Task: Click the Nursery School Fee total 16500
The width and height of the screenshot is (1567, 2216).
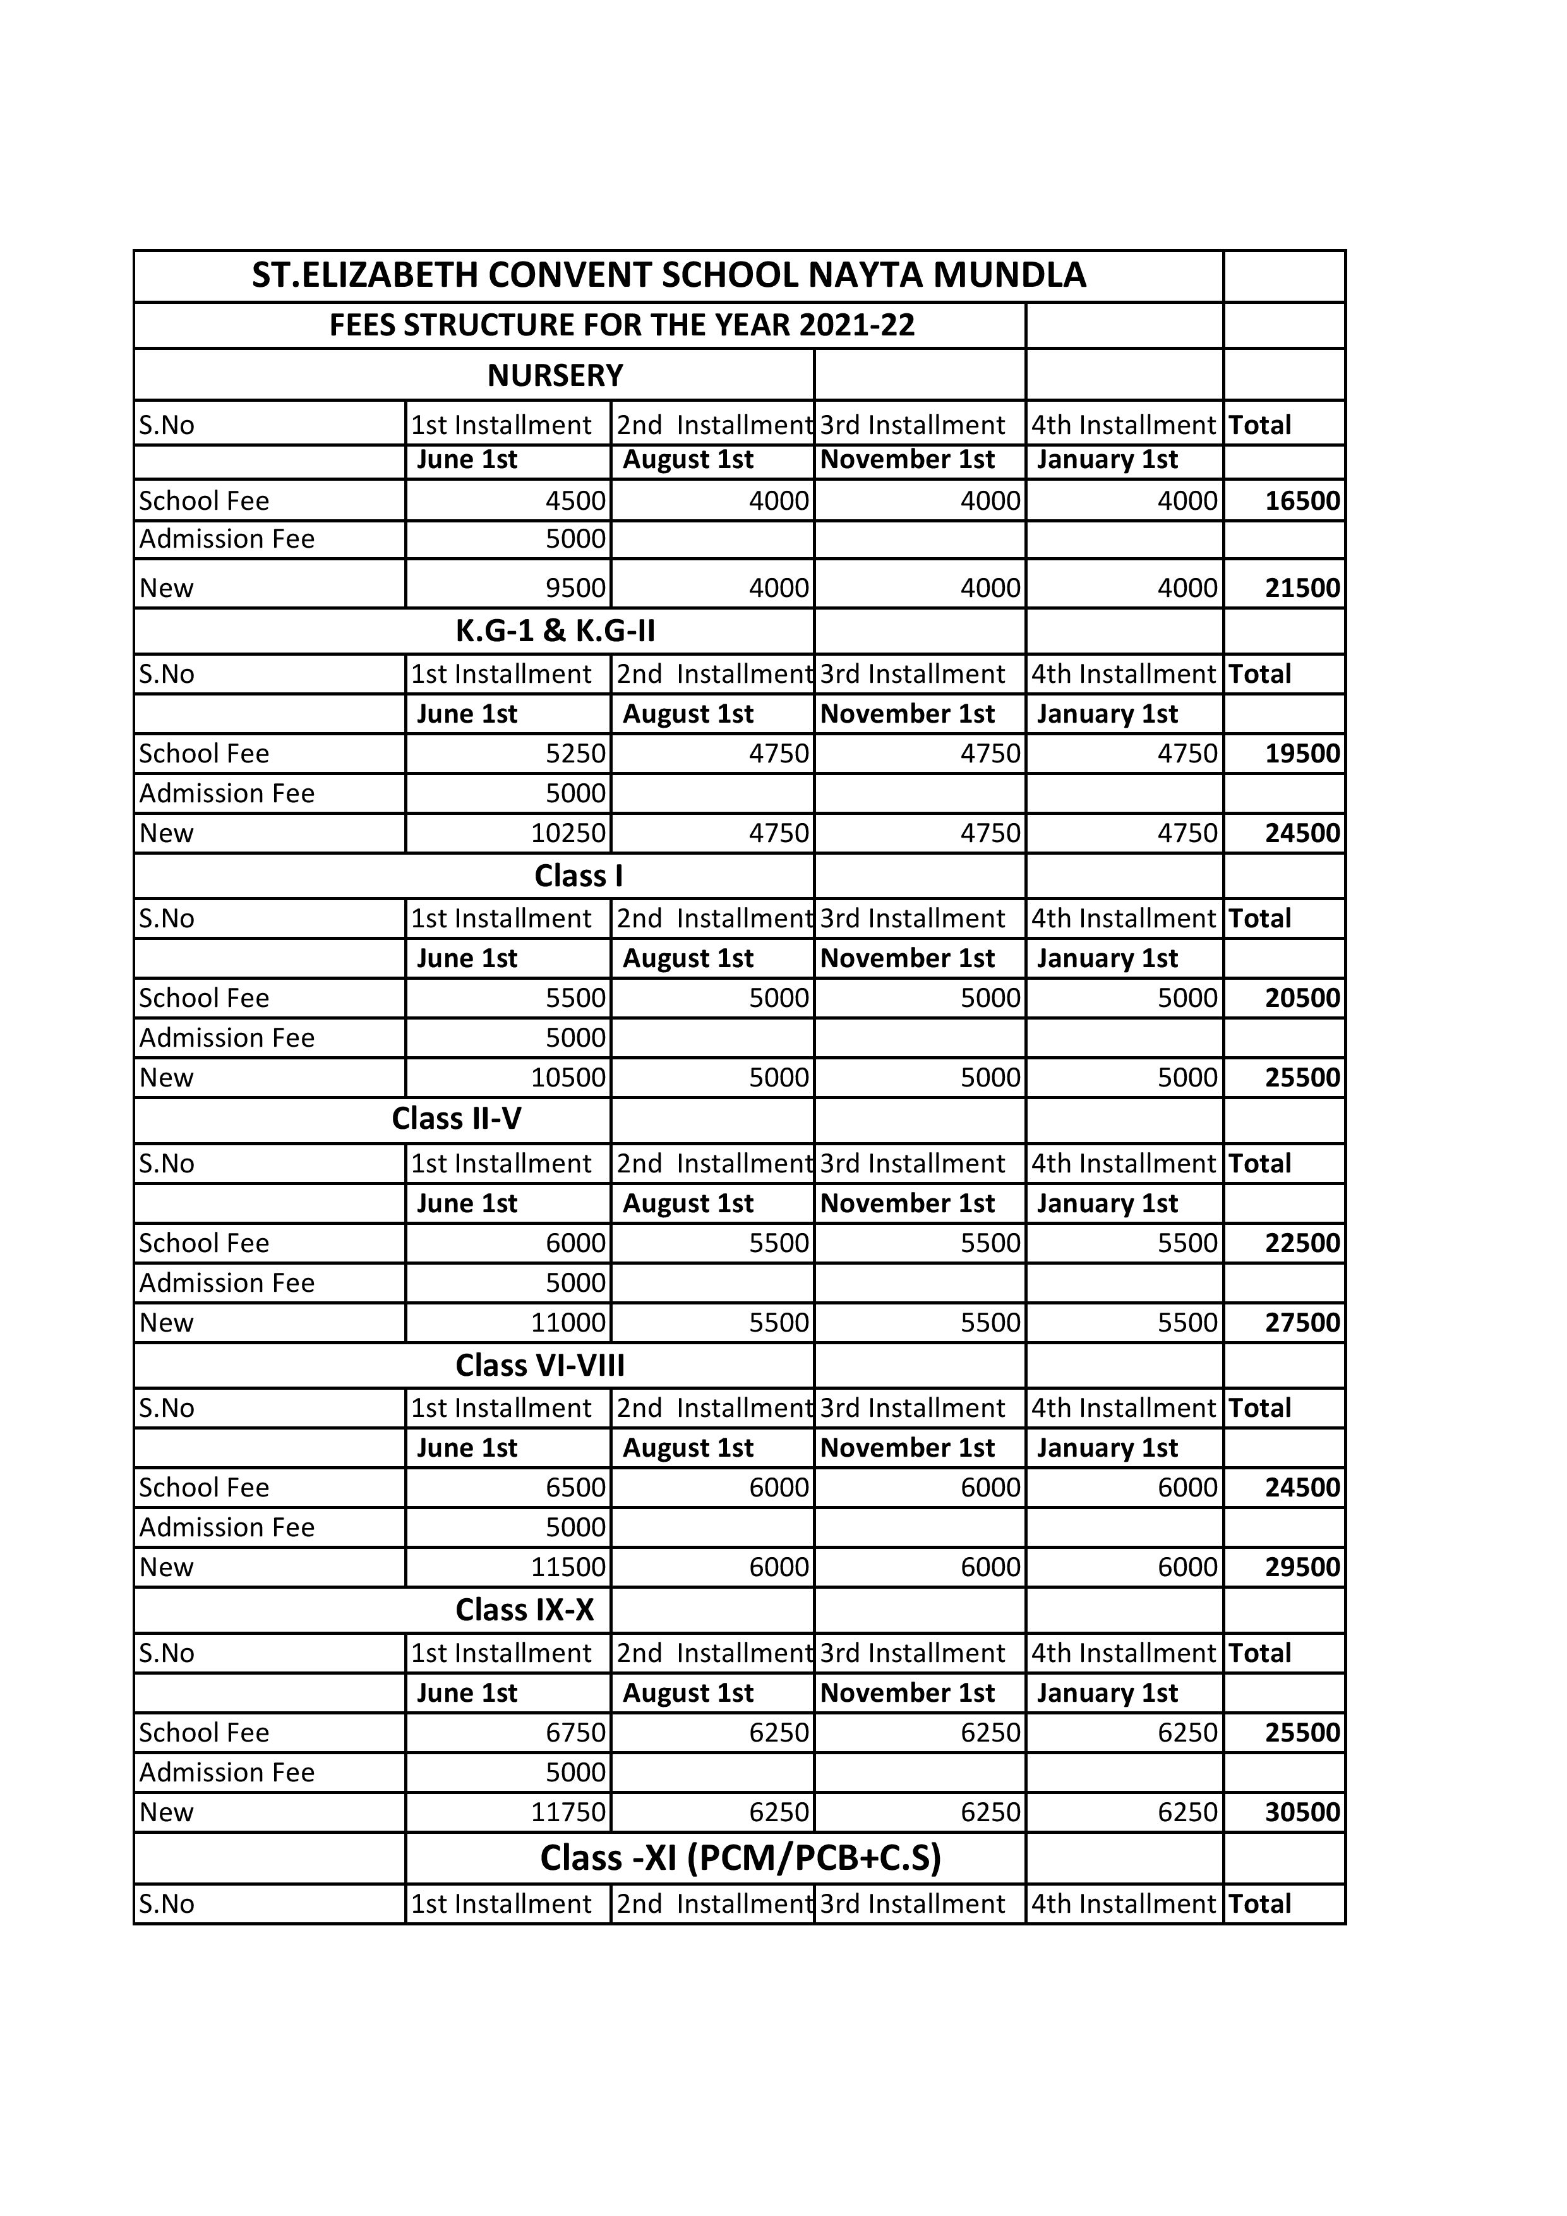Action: click(x=1302, y=501)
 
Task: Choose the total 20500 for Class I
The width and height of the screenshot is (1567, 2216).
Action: click(x=1302, y=998)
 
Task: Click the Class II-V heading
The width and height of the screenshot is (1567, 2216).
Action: click(x=457, y=1119)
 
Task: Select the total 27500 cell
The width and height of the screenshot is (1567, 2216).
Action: click(x=1302, y=1322)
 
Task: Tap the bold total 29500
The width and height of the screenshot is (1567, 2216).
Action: click(x=1302, y=1567)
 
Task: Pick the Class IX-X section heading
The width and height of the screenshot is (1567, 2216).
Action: click(x=524, y=1610)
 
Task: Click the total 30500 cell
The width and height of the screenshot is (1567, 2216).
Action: click(x=1302, y=1812)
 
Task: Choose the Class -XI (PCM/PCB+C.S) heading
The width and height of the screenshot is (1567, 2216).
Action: click(x=740, y=1858)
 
